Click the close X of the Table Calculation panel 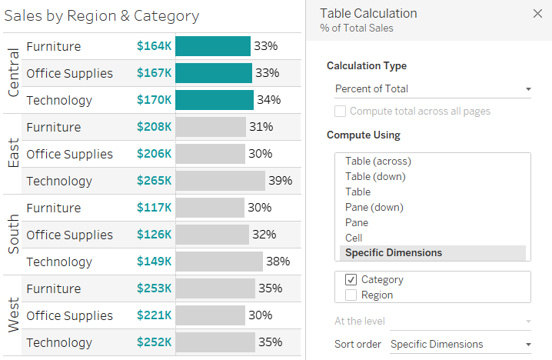coord(537,13)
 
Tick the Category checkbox coord(351,280)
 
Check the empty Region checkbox coord(351,295)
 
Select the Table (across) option coord(378,162)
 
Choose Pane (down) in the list coord(374,207)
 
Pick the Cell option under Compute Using coord(354,238)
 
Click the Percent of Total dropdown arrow coord(528,89)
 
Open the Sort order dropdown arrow coord(528,345)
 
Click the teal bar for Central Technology coord(214,100)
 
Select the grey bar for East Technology coord(220,181)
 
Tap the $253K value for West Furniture coord(154,288)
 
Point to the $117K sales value coord(154,208)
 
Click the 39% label coord(280,181)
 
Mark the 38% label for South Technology coord(278,262)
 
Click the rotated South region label coord(13,235)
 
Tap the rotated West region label coord(13,315)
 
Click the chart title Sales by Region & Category coord(101,15)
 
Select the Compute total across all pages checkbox coord(340,112)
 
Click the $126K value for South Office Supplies coord(154,235)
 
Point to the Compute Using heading coord(363,135)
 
